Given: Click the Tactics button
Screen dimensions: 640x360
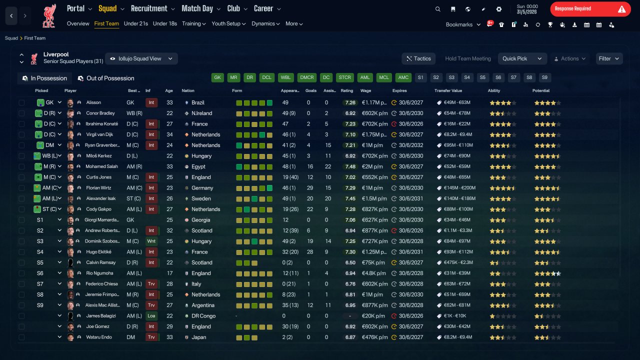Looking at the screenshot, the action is click(418, 58).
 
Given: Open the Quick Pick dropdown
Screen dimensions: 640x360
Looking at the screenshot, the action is click(522, 58).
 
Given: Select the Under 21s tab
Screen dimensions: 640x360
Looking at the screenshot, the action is click(135, 23).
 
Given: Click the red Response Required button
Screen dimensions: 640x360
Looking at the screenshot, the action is click(590, 9).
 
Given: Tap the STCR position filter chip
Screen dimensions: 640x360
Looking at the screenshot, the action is click(344, 77).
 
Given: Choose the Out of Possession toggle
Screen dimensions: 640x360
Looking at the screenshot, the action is click(106, 78).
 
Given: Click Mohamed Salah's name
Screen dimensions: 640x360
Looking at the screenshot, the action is click(101, 166).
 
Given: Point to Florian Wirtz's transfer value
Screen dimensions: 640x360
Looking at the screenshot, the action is click(459, 188).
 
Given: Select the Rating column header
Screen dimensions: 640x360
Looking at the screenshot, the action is click(347, 90).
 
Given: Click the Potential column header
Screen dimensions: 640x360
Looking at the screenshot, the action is click(541, 90).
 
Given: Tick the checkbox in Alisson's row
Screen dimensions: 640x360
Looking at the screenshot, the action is click(21, 102).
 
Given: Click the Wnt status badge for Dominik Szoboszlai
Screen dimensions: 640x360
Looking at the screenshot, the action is click(151, 241).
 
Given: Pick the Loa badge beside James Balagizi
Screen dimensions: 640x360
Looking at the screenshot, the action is click(151, 316).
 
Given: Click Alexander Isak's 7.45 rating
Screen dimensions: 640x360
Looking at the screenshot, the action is click(350, 198).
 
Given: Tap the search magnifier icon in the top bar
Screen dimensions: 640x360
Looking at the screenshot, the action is click(437, 9).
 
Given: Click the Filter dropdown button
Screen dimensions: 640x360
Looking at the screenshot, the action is click(609, 58).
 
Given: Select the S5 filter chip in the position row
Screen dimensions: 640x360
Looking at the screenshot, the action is click(482, 77).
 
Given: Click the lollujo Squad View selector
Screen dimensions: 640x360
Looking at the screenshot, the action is click(141, 58).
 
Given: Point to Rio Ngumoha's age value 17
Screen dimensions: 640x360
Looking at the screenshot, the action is click(169, 273).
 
